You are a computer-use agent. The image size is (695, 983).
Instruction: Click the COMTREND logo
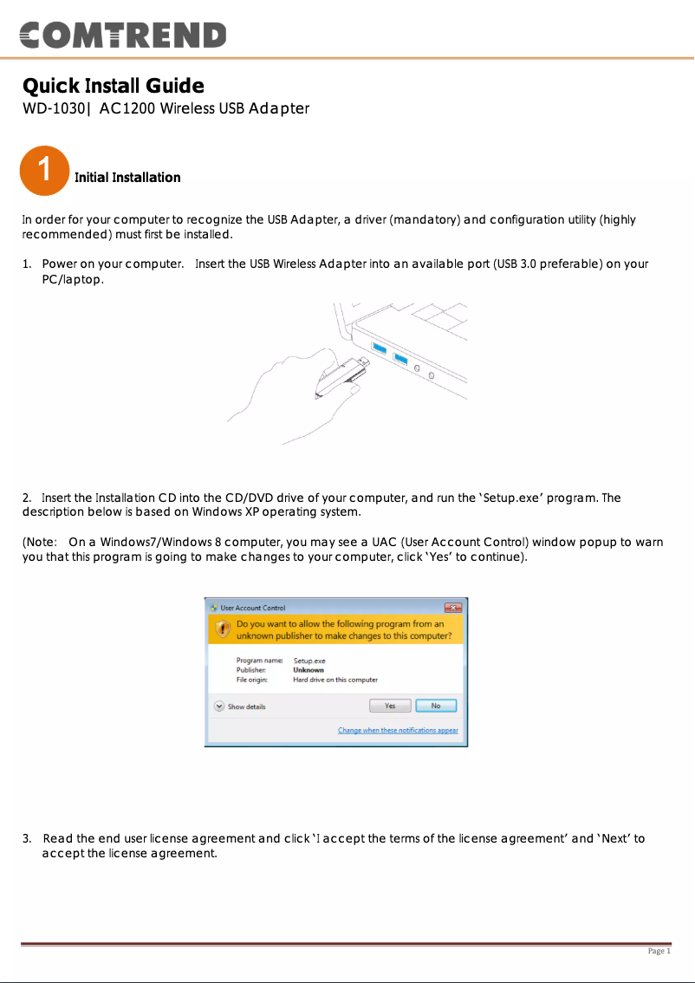pos(122,35)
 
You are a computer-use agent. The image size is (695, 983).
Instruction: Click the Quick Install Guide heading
pos(113,86)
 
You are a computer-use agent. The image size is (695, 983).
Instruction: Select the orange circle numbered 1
pos(43,170)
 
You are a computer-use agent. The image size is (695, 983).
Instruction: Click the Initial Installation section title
pos(127,178)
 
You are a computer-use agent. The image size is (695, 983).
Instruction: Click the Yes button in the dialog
pos(390,706)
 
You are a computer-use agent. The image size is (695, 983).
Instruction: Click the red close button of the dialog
pos(452,608)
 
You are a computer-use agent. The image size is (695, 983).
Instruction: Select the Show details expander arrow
pos(220,706)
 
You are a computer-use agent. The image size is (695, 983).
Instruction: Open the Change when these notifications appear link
pos(398,731)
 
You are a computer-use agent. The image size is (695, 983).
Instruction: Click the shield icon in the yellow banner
pos(222,630)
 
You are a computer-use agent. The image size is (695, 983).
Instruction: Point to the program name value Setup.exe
pos(309,661)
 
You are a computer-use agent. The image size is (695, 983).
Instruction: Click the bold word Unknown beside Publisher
pos(309,670)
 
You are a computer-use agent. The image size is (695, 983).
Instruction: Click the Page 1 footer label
pos(659,951)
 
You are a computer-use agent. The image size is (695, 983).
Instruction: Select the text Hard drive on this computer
pos(335,680)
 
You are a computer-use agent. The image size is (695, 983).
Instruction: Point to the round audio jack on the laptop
pos(419,368)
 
